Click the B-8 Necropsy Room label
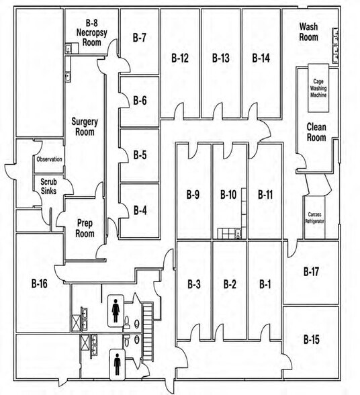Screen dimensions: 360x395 pyautogui.click(x=92, y=32)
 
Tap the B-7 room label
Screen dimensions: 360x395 pyautogui.click(x=139, y=38)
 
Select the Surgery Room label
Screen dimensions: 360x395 pyautogui.click(x=85, y=127)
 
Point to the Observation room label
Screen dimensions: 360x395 pyautogui.click(x=49, y=159)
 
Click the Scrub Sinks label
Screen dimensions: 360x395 pyautogui.click(x=48, y=187)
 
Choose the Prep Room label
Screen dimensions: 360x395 pyautogui.click(x=85, y=228)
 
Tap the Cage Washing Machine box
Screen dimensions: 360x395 pyautogui.click(x=318, y=88)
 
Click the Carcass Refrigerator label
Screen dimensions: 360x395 pyautogui.click(x=314, y=218)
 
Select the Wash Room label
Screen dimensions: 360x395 pyautogui.click(x=308, y=32)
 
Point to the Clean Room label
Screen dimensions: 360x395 pyautogui.click(x=316, y=132)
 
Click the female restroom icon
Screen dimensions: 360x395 pyautogui.click(x=116, y=311)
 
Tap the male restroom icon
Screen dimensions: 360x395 pyautogui.click(x=117, y=364)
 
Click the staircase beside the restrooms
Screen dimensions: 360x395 pyautogui.click(x=148, y=333)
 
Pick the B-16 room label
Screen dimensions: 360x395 pyautogui.click(x=40, y=283)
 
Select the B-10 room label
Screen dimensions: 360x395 pyautogui.click(x=228, y=195)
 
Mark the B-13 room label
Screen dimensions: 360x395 pyautogui.click(x=221, y=58)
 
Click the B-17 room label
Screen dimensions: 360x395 pyautogui.click(x=311, y=271)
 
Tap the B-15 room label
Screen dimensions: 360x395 pyautogui.click(x=312, y=339)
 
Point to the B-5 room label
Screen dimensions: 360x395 pyautogui.click(x=140, y=155)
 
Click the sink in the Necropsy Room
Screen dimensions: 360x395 pyautogui.click(x=69, y=48)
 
